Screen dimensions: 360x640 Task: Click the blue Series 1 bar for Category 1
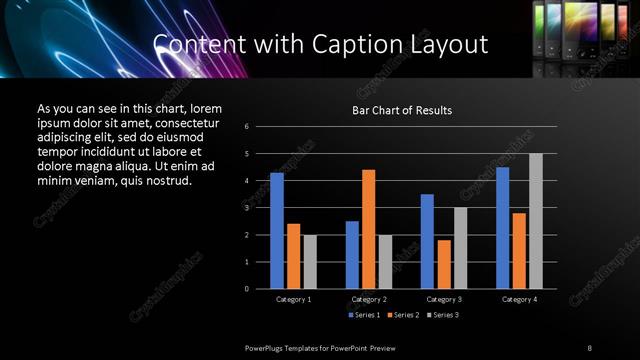pyautogui.click(x=277, y=231)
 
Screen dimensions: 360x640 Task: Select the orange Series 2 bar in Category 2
pyautogui.click(x=368, y=229)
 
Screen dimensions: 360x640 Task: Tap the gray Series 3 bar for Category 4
pyautogui.click(x=536, y=221)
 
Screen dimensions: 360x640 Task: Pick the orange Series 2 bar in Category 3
pyautogui.click(x=444, y=264)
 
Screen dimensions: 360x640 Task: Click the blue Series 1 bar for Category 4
pyautogui.click(x=503, y=228)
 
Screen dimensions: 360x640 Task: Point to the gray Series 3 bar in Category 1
pyautogui.click(x=310, y=262)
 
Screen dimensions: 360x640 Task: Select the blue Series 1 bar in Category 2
pyautogui.click(x=352, y=255)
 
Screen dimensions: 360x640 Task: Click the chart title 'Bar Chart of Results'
pyautogui.click(x=403, y=110)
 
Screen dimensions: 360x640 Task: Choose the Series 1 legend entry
pyautogui.click(x=361, y=315)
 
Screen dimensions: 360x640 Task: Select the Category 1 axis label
pyautogui.click(x=293, y=299)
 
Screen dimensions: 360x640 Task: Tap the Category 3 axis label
pyautogui.click(x=444, y=299)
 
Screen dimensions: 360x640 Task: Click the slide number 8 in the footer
pyautogui.click(x=589, y=347)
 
